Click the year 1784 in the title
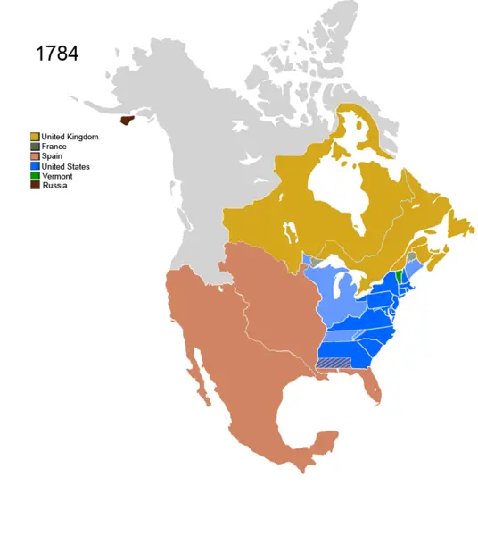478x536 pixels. [56, 54]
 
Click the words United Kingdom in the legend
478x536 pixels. [70, 136]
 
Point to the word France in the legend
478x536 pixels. [54, 146]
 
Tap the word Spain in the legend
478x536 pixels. [52, 156]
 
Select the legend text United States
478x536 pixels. [65, 166]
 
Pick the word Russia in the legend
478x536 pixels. [54, 186]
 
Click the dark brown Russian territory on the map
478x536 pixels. [127, 117]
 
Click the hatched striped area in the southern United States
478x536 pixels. [336, 363]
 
